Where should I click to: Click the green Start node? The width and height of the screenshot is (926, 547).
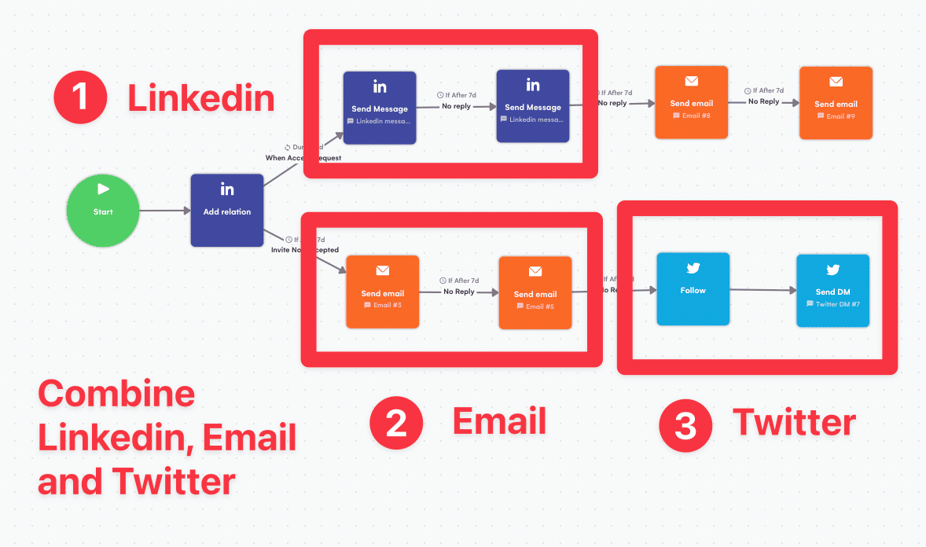[x=103, y=211]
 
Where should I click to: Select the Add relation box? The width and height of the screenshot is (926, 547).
[x=227, y=211]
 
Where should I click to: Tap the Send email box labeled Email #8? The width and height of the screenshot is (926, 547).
[x=691, y=102]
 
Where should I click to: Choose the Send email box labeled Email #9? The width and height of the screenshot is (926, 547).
[x=836, y=103]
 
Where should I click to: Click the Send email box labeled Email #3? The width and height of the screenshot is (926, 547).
[x=383, y=292]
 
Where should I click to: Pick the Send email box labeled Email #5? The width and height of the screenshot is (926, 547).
[x=535, y=292]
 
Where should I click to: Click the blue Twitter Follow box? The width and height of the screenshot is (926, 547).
[x=693, y=288]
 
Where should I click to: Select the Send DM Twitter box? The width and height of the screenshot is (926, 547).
[x=833, y=290]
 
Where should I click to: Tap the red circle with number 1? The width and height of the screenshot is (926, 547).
[x=80, y=97]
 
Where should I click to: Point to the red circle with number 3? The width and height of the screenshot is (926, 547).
[x=685, y=425]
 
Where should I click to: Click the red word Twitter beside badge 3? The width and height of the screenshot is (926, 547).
[x=794, y=423]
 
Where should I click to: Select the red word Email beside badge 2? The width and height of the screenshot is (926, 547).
[x=499, y=421]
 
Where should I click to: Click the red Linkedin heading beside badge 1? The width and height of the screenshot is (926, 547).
[x=201, y=98]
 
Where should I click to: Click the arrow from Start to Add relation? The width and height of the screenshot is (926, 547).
[x=165, y=211]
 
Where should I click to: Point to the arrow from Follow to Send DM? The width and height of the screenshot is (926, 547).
[x=762, y=290]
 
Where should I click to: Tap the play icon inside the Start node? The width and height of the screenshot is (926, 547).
[x=103, y=189]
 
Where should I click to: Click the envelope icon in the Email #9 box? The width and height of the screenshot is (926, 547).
[x=836, y=82]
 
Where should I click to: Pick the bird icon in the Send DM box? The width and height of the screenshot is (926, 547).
[x=833, y=270]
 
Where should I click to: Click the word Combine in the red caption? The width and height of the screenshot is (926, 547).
[x=116, y=393]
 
